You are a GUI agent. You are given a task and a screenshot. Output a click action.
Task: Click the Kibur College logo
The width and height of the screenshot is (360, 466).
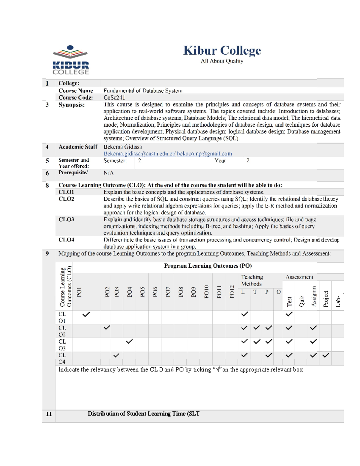[x=70, y=60]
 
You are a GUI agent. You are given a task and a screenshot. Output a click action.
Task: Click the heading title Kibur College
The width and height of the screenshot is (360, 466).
[x=222, y=50]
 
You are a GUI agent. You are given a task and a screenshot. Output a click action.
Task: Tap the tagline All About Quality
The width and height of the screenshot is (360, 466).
[x=222, y=61]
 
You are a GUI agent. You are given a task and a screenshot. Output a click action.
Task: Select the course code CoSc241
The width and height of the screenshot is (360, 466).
[x=114, y=98]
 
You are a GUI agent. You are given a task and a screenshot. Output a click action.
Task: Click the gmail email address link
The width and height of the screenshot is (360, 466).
[x=204, y=154]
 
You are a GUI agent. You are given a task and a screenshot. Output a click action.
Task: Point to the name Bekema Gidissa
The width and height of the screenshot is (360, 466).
[x=122, y=147]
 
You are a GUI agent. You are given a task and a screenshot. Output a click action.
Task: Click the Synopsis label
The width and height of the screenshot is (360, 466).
[x=71, y=105]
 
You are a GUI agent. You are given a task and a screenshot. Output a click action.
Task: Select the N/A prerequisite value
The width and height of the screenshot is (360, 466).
[x=108, y=173]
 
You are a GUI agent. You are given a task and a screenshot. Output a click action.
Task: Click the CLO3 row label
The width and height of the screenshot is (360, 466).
[x=66, y=219]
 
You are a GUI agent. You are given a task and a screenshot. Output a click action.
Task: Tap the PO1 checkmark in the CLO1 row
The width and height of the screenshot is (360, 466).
[x=86, y=314]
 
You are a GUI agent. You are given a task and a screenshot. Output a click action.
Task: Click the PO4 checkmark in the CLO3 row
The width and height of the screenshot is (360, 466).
[x=129, y=341]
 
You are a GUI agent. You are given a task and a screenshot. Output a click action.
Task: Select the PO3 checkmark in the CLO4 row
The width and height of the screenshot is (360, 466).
[x=116, y=355]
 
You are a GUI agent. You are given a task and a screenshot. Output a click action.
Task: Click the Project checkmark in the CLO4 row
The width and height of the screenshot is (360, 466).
[x=326, y=355]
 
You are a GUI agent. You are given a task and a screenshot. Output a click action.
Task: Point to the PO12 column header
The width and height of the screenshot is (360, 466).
[x=232, y=292]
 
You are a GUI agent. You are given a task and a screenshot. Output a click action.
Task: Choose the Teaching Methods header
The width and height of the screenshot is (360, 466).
[x=252, y=280]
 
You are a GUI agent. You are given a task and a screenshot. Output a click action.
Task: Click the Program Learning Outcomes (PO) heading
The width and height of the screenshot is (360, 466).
[x=208, y=266]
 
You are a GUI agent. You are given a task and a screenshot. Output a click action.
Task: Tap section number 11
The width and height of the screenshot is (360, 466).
[x=49, y=414]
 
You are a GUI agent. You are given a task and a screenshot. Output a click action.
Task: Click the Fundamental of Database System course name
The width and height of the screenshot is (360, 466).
[x=143, y=91]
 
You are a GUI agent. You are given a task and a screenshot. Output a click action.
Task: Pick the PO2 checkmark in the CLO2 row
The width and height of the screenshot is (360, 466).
[x=107, y=328]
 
